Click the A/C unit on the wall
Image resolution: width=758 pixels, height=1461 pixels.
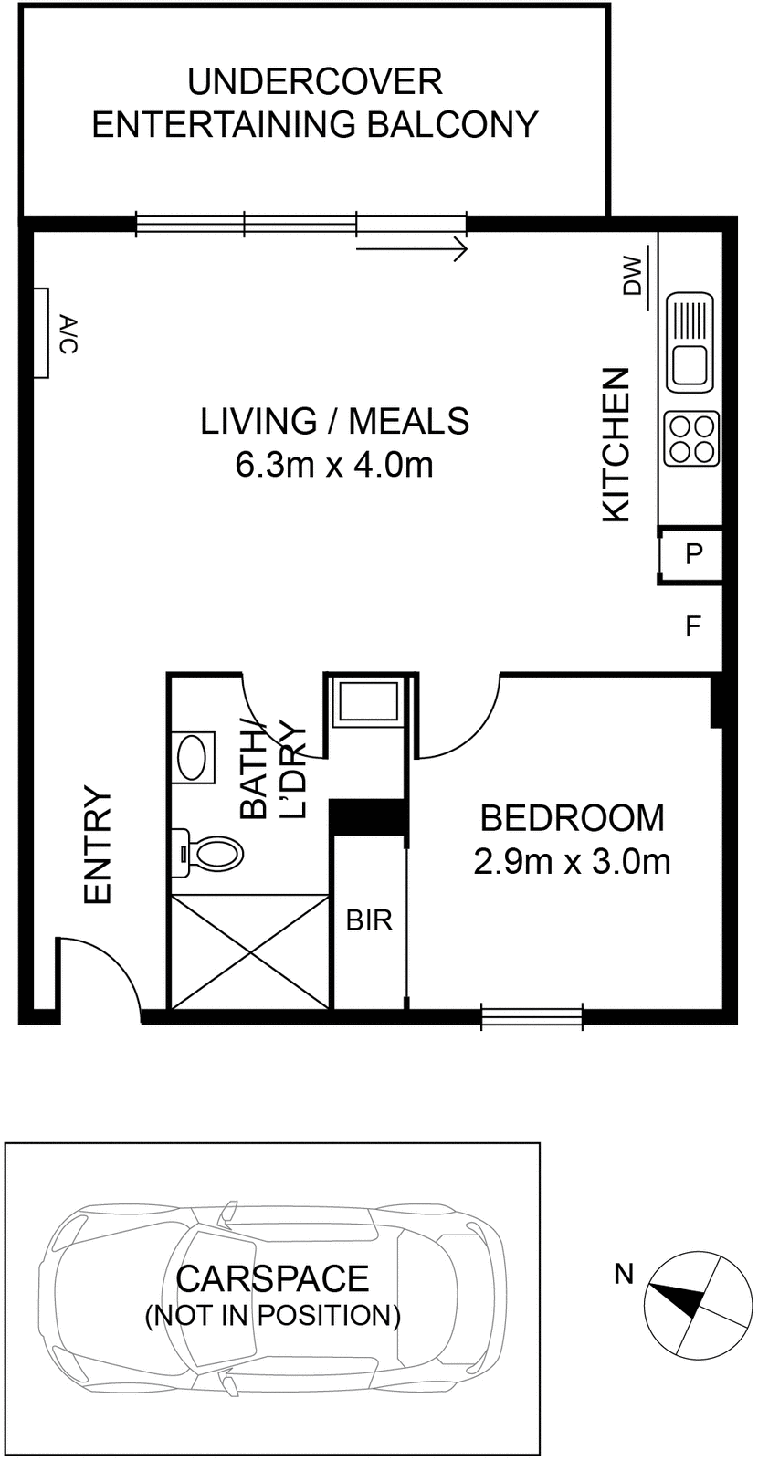pyautogui.click(x=40, y=333)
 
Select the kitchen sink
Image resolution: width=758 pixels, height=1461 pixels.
pyautogui.click(x=690, y=342)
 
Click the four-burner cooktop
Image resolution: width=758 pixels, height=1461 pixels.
pyautogui.click(x=691, y=438)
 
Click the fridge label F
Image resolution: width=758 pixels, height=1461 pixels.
pyautogui.click(x=693, y=626)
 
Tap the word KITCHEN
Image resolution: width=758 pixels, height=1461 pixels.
pyautogui.click(x=616, y=445)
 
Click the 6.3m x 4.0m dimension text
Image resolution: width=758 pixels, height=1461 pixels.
pyautogui.click(x=334, y=466)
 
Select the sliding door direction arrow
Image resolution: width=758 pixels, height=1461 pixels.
pyautogui.click(x=412, y=249)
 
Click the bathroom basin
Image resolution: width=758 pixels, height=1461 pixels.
pyautogui.click(x=193, y=757)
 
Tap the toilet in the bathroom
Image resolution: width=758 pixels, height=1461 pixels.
pyautogui.click(x=206, y=853)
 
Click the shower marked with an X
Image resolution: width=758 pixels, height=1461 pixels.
pyautogui.click(x=250, y=951)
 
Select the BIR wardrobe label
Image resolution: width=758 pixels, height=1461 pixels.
pyautogui.click(x=369, y=920)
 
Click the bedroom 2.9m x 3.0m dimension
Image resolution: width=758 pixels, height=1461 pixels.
pyautogui.click(x=572, y=862)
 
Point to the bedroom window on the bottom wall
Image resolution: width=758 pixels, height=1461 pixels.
pyautogui.click(x=532, y=1016)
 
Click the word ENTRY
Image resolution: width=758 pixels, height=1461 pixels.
pyautogui.click(x=99, y=846)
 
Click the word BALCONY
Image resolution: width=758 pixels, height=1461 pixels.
pyautogui.click(x=452, y=124)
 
